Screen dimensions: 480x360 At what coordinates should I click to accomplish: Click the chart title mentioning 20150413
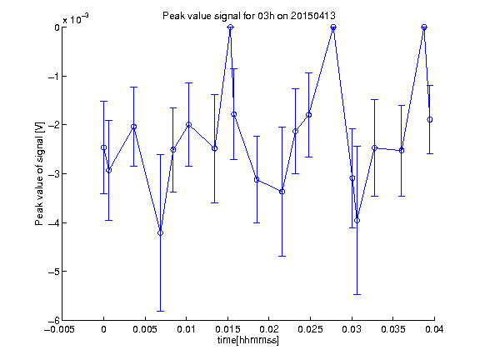[249, 16]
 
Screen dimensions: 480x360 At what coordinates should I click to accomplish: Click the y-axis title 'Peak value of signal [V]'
[39, 174]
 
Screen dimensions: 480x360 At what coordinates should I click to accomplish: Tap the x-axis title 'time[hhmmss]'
[248, 340]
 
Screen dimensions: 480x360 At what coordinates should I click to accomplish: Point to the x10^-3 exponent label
[76, 19]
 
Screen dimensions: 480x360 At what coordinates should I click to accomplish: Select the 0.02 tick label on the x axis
[269, 329]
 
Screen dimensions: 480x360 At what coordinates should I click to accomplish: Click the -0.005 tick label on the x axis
[59, 329]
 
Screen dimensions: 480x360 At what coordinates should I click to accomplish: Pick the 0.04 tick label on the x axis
[434, 329]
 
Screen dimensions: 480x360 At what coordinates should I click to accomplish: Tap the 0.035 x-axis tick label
[393, 329]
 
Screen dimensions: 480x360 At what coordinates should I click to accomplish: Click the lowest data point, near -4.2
[160, 233]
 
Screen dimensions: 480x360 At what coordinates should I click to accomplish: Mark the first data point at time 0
[104, 147]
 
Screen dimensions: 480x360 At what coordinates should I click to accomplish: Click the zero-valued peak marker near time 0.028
[333, 27]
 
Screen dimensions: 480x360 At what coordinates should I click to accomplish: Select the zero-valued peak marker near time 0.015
[231, 27]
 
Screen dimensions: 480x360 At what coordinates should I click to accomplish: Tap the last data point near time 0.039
[430, 120]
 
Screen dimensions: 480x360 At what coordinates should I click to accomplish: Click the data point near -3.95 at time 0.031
[357, 220]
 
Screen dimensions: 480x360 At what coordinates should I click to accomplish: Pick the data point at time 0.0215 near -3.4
[282, 192]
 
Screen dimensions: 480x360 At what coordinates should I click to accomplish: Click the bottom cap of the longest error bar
[160, 312]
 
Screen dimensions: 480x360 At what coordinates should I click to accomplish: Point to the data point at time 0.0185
[257, 180]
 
